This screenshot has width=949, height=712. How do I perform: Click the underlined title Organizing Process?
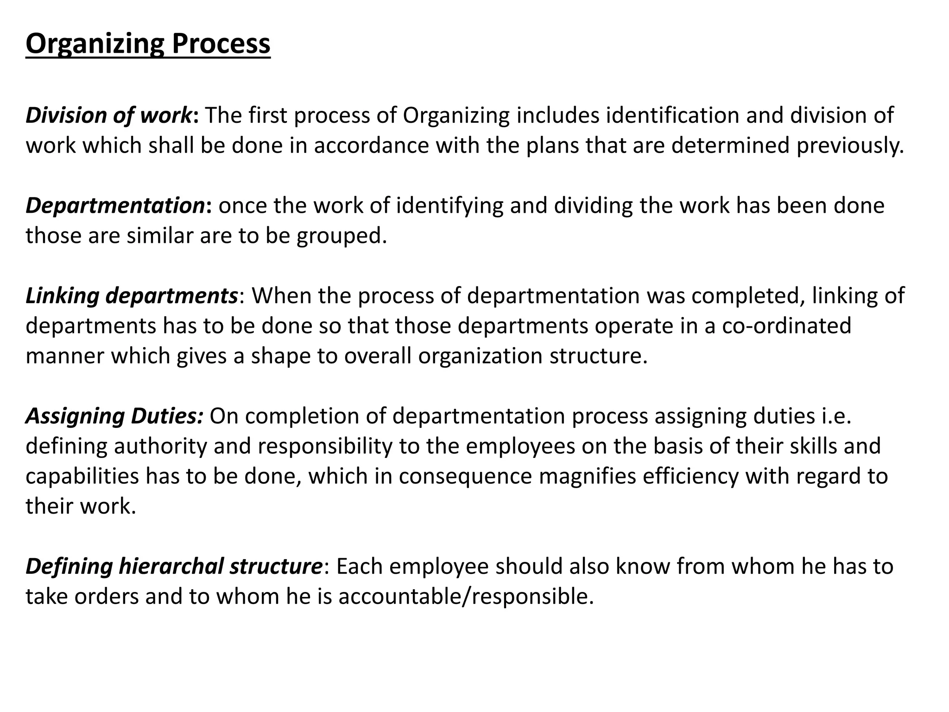click(148, 44)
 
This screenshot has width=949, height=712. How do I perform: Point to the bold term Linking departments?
click(132, 296)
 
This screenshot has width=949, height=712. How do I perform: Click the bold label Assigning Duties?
click(114, 416)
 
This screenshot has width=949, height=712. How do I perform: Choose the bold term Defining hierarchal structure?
click(174, 566)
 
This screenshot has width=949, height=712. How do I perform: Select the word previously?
click(850, 146)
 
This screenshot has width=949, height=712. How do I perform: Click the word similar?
click(160, 235)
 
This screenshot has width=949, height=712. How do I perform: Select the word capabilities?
click(82, 476)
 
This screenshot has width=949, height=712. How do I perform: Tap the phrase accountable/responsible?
click(466, 596)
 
